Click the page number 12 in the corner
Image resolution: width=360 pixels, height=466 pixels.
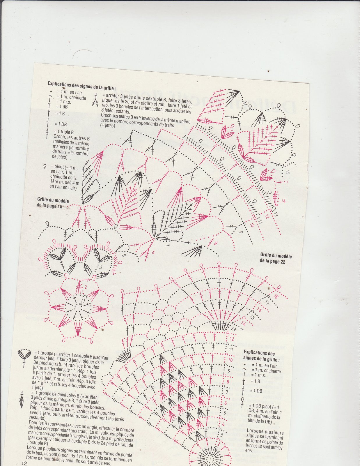24,463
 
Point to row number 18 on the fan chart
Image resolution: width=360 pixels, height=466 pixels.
276,297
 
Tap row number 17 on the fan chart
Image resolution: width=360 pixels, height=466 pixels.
267,303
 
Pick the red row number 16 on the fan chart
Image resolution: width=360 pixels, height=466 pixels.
259,310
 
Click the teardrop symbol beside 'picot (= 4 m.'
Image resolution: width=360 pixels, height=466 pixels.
45,167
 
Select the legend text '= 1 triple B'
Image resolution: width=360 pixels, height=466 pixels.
64,132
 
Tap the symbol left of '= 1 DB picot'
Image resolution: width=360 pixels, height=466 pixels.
242,403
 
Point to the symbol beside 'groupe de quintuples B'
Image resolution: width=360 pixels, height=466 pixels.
21,399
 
